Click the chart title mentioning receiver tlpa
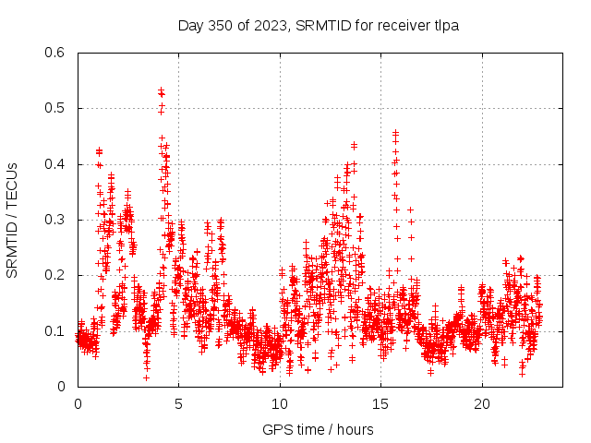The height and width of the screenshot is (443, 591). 319,25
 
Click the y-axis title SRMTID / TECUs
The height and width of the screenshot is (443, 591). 12,221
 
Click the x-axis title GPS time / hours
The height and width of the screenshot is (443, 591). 319,429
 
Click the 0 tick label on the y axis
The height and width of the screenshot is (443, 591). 61,387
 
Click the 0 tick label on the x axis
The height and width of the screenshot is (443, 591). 78,404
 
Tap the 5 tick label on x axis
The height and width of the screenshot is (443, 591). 179,404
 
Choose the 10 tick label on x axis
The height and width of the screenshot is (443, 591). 280,404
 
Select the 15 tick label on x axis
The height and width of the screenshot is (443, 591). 381,404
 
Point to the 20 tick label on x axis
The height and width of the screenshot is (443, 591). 482,404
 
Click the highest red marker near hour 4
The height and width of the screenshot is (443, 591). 161,90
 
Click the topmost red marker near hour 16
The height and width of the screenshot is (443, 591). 396,133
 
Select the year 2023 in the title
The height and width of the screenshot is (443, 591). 271,25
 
